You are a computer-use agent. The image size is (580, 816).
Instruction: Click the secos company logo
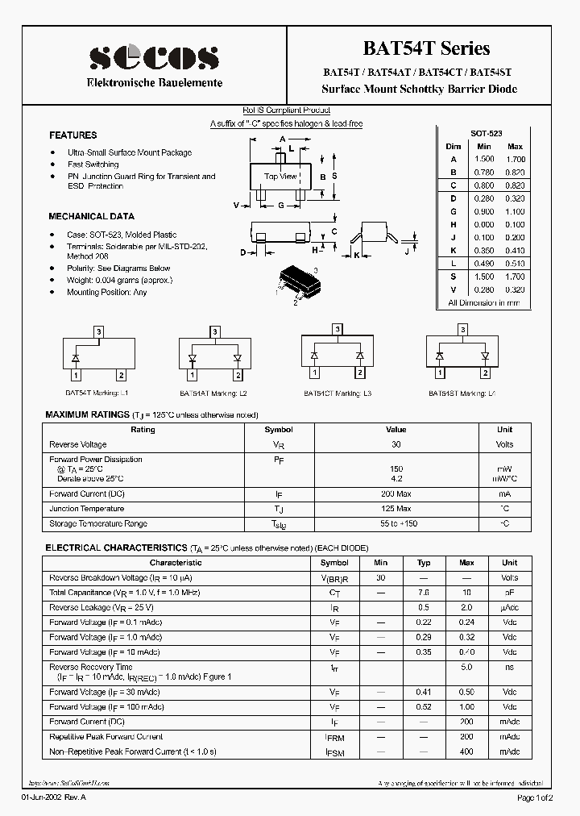[153, 57]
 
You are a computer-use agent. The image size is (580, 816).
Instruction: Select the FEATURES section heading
[72, 135]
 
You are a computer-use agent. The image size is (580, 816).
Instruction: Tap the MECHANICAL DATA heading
[92, 217]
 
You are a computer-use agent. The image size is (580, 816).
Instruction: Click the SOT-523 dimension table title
[486, 132]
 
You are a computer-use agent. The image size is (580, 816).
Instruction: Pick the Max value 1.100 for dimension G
[515, 211]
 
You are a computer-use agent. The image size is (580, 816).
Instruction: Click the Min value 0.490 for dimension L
[483, 263]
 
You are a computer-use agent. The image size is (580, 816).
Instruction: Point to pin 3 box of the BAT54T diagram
[98, 331]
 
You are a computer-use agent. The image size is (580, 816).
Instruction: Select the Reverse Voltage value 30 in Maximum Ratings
[396, 444]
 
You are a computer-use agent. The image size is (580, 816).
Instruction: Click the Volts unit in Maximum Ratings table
[504, 444]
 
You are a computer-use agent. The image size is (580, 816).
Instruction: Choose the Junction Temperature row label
[87, 509]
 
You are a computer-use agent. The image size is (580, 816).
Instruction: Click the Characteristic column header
[176, 563]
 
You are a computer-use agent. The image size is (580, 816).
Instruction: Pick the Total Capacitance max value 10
[466, 593]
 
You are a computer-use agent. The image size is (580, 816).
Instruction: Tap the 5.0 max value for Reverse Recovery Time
[466, 668]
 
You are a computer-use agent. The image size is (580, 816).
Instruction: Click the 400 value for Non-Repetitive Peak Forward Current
[466, 751]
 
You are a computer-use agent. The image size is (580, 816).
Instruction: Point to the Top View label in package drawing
[281, 176]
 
